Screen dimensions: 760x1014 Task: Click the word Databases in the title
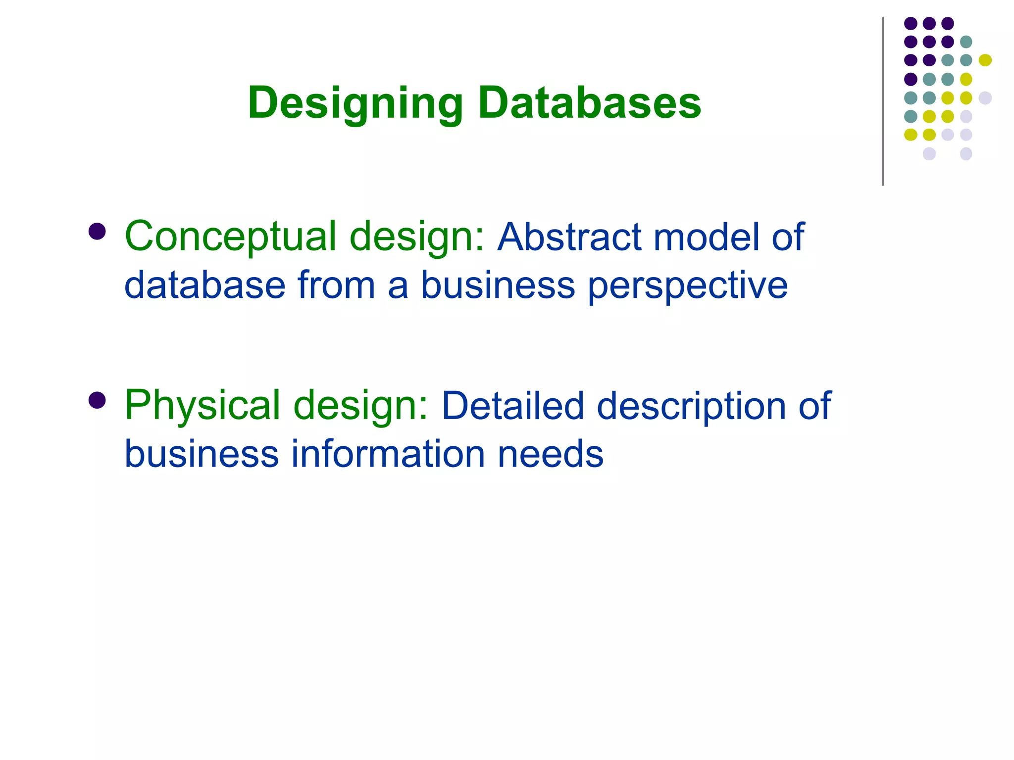coord(589,103)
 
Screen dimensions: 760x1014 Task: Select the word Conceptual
coord(231,237)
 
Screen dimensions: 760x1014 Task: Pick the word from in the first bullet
coord(336,285)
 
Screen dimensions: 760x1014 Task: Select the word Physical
coord(203,406)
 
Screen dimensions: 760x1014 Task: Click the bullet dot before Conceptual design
coord(97,231)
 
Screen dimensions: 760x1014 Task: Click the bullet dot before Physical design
coord(97,400)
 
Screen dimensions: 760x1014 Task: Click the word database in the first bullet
coord(205,285)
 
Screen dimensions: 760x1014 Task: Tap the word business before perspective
coord(498,285)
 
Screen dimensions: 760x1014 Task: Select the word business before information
coord(202,454)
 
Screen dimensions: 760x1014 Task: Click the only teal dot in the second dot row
coord(966,42)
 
